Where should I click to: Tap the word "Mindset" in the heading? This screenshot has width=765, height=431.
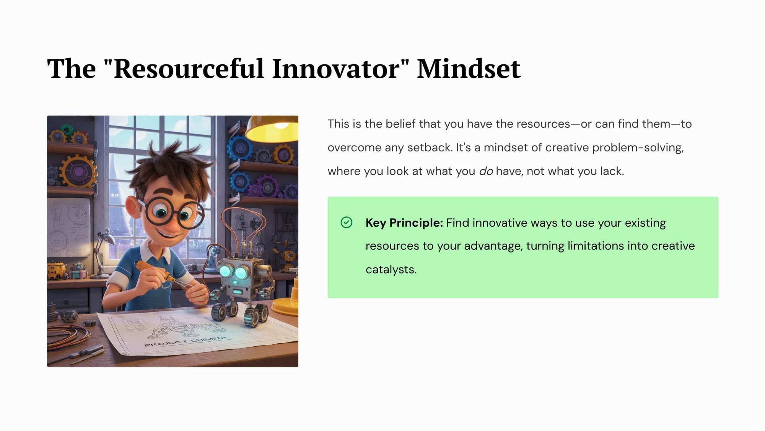(x=469, y=69)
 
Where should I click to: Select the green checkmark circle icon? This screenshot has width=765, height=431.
(x=347, y=223)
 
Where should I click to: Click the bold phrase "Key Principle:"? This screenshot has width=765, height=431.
(x=404, y=223)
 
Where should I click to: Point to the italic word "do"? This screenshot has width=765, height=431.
(x=486, y=171)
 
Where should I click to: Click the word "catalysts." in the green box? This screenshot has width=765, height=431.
(x=391, y=269)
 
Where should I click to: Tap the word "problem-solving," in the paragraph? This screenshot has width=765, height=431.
(x=638, y=148)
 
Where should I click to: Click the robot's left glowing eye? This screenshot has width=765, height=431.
(x=225, y=271)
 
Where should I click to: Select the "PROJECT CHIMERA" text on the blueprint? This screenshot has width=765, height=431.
(x=186, y=341)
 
